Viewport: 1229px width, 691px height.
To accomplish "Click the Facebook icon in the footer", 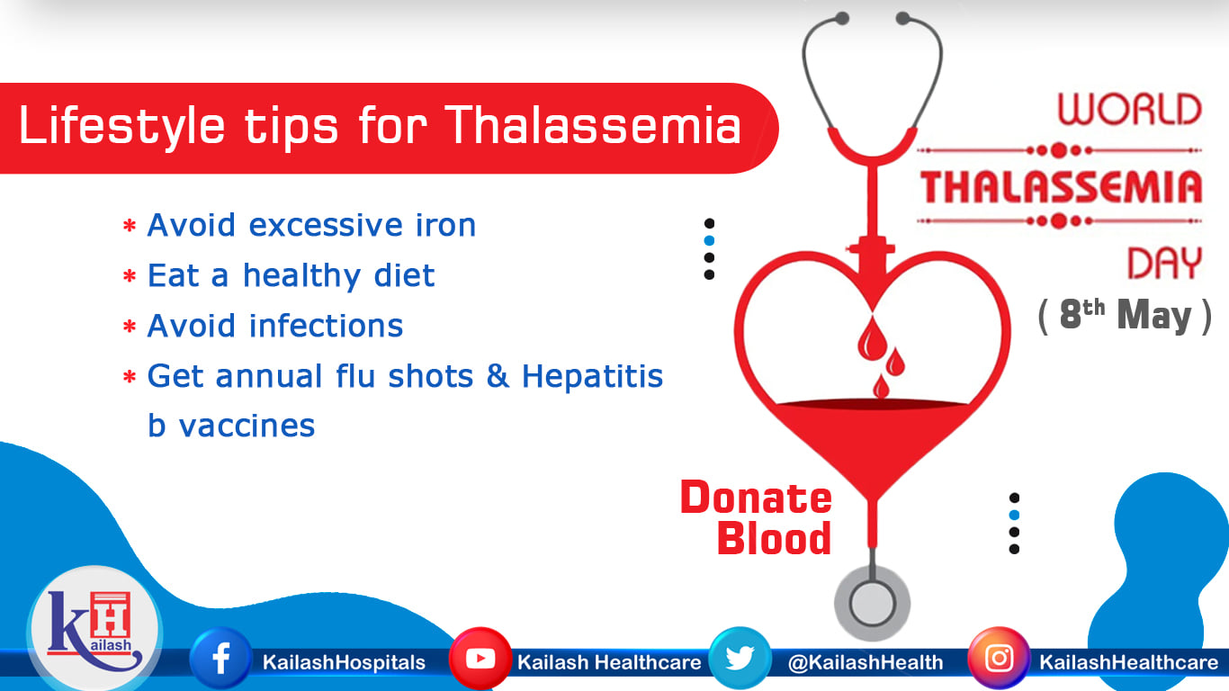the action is pos(220,658).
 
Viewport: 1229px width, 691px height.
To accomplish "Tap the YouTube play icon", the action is pos(480,658).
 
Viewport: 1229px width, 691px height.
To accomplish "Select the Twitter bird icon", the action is pos(740,658).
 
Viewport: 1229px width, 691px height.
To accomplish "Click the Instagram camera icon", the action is pos(999,658).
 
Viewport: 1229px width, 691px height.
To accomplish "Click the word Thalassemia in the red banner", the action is pos(593,125).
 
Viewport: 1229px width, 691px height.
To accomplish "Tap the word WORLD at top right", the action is pos(1130,109).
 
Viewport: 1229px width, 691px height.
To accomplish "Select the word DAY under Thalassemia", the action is pos(1164,263).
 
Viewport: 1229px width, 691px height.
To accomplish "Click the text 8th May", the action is pos(1126,315).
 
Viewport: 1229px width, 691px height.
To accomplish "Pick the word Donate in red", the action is pos(756,498).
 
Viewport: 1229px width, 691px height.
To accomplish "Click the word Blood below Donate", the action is pos(774,538).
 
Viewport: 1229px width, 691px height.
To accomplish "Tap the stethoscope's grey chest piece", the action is pos(872,603).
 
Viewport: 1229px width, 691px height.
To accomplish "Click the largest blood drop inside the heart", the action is pos(872,338).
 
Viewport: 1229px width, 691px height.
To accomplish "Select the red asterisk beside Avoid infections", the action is pos(130,328).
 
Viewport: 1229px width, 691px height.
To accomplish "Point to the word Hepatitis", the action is pos(592,377).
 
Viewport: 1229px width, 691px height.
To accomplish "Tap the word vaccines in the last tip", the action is pos(247,426).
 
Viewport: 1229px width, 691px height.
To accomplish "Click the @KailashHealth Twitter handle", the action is pos(866,662).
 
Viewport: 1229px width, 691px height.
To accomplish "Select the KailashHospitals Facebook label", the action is pos(344,663).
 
